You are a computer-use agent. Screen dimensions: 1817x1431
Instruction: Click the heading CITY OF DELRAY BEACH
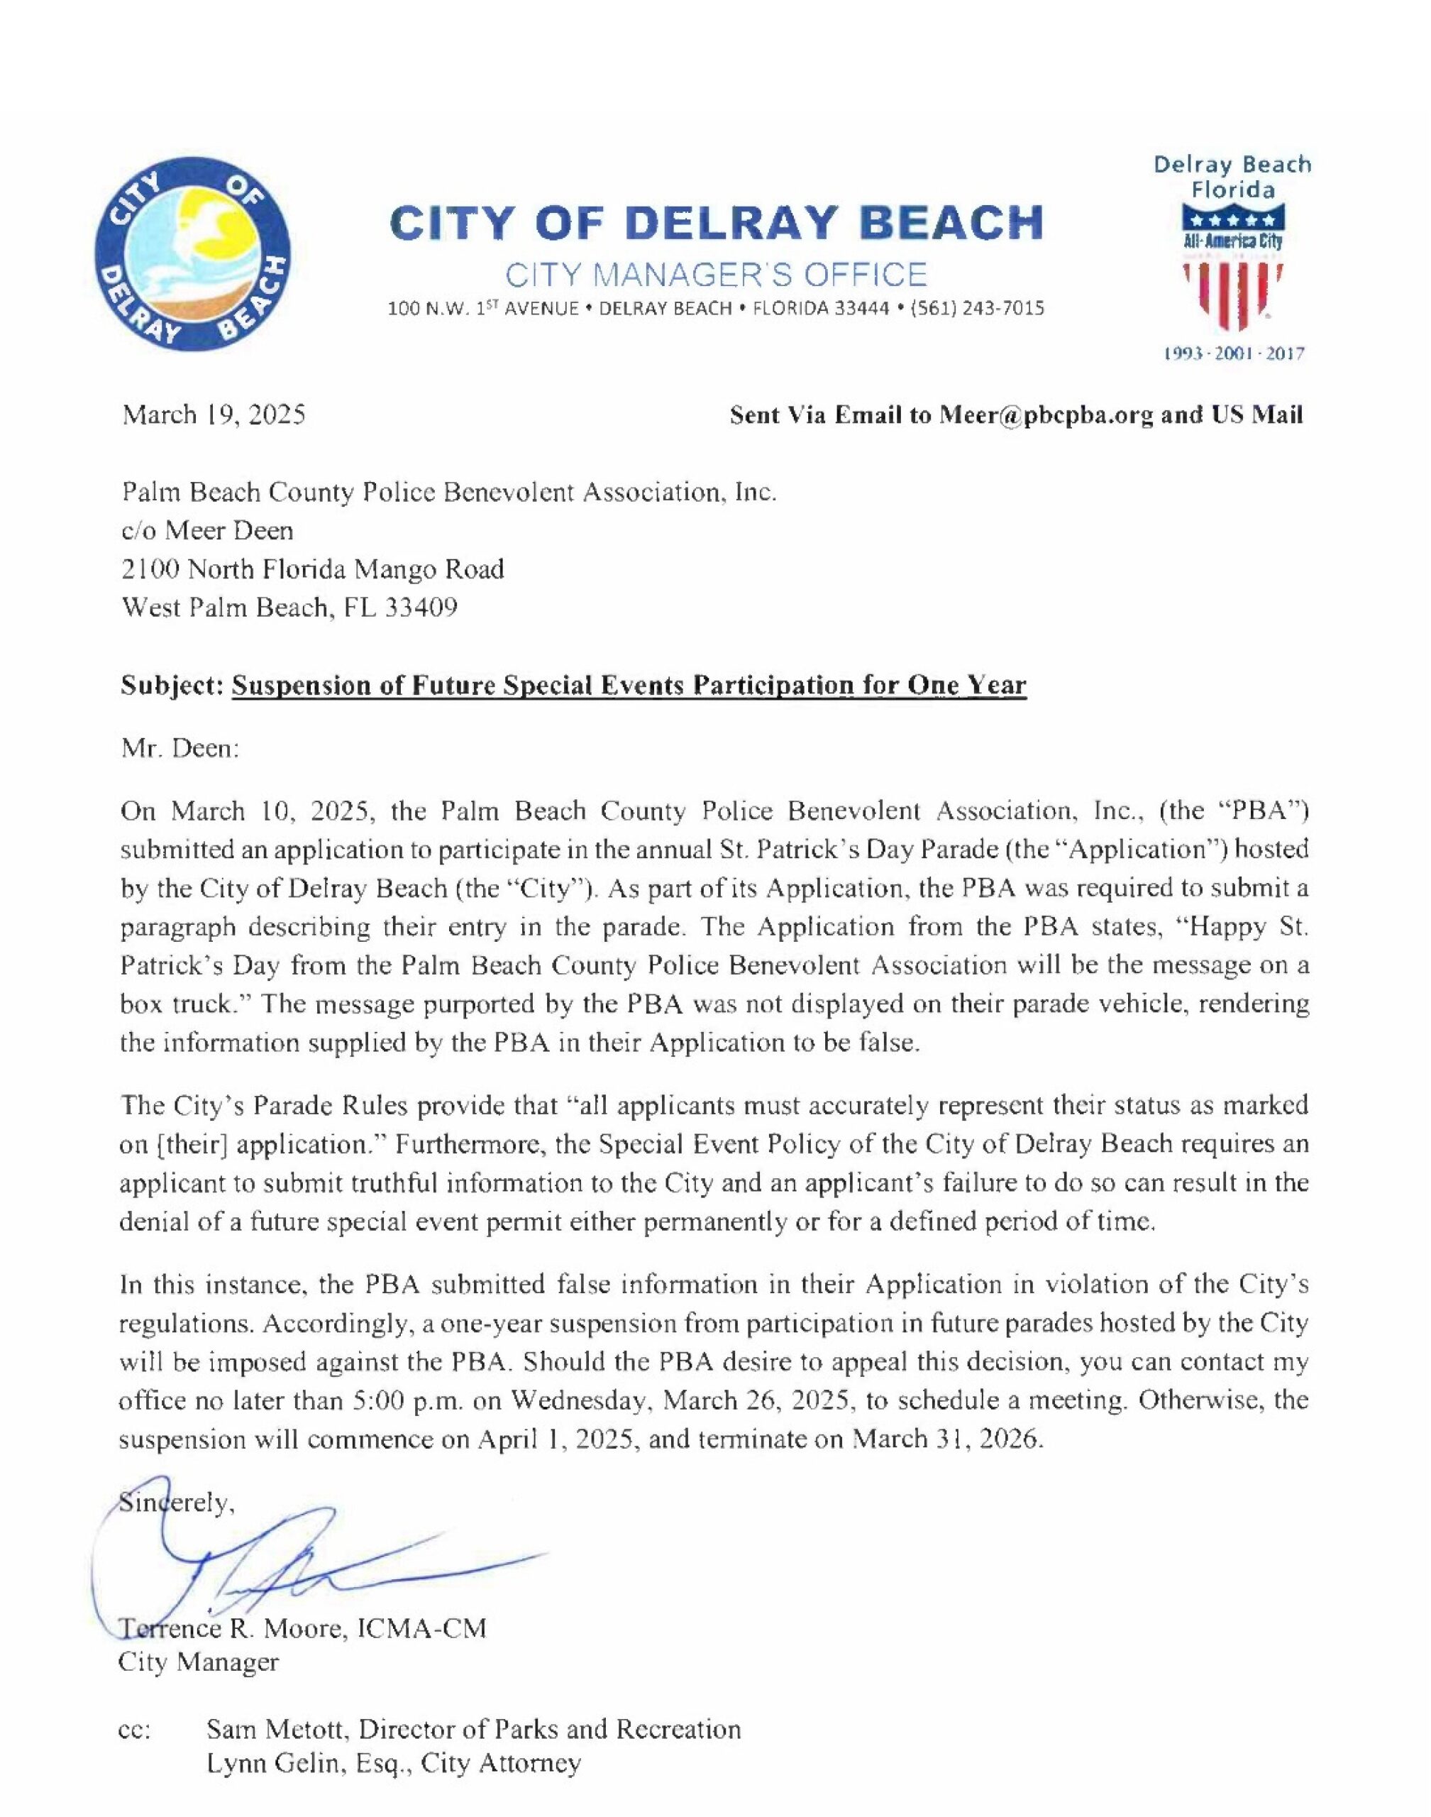tap(717, 222)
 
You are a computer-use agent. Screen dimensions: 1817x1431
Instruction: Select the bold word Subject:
tap(172, 686)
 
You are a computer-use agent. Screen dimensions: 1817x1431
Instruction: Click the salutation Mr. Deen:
tap(181, 747)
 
